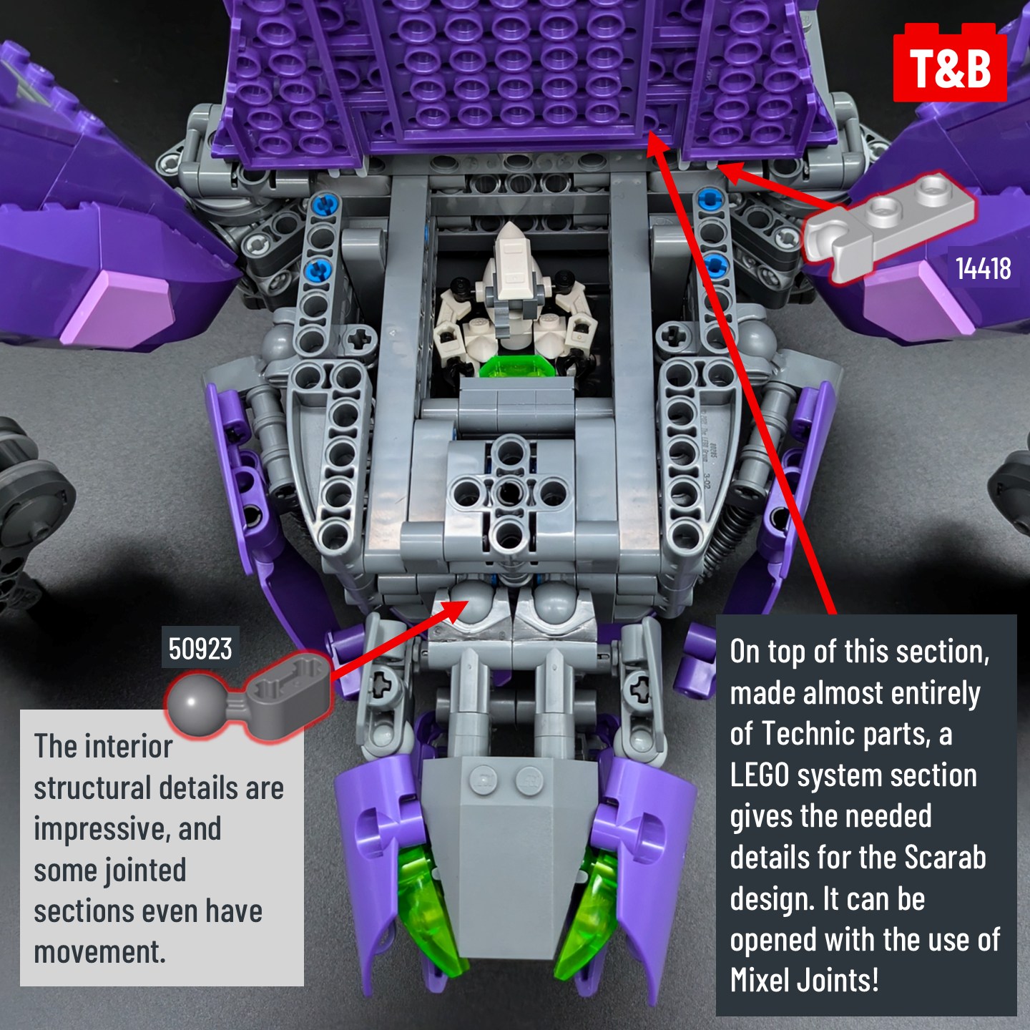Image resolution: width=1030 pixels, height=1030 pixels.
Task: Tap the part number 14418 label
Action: (x=983, y=269)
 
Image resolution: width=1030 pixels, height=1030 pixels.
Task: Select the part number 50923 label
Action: (x=200, y=649)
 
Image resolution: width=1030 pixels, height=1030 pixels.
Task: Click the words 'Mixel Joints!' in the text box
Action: (x=804, y=980)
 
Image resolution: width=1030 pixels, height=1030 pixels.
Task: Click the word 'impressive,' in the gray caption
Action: (x=127, y=830)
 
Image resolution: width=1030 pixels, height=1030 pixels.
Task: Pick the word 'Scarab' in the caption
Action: (x=945, y=858)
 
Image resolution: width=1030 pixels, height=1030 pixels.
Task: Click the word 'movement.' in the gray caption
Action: (x=99, y=953)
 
